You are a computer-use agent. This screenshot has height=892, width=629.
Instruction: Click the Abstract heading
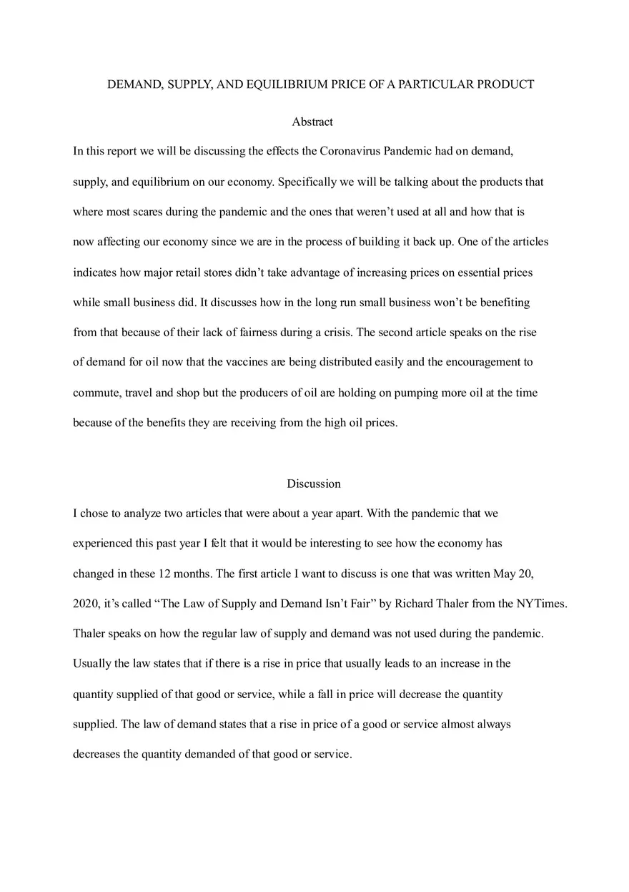click(312, 122)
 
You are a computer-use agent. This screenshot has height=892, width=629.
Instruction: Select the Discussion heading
click(314, 484)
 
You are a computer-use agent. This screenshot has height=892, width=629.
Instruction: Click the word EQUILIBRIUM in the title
click(286, 84)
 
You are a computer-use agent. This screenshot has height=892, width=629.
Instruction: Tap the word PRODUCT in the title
click(505, 84)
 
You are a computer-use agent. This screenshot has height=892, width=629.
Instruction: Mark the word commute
click(95, 393)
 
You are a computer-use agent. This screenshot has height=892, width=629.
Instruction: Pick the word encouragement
click(485, 362)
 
